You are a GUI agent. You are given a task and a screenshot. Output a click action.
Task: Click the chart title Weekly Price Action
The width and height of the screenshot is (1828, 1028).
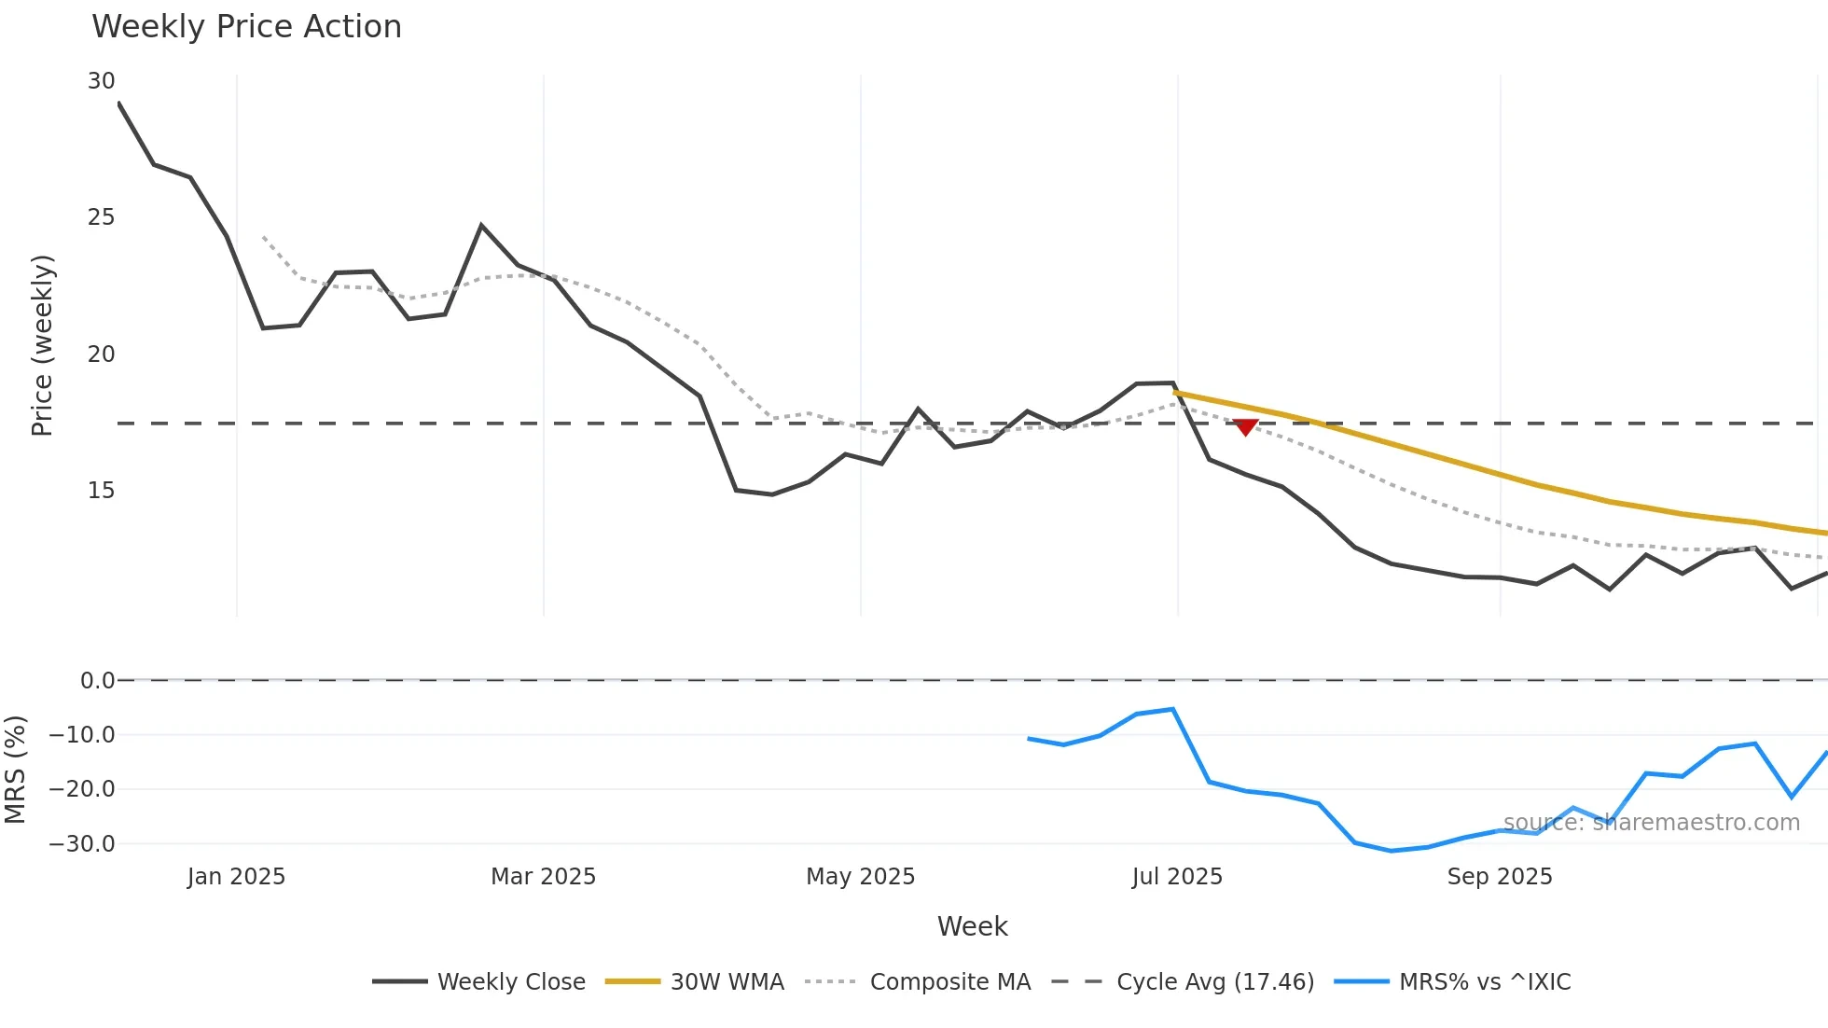246,27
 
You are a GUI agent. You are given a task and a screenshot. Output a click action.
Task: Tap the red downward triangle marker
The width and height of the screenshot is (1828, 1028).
1245,427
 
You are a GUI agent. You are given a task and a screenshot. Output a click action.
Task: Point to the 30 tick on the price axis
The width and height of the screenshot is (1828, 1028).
102,81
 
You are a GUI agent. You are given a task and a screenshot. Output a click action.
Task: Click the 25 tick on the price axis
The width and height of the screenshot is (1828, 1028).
102,217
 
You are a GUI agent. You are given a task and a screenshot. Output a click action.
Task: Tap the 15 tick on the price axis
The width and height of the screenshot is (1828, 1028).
102,491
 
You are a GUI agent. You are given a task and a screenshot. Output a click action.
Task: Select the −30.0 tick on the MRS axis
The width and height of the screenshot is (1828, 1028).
82,844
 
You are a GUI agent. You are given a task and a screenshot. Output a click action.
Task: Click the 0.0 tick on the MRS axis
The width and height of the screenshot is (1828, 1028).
97,681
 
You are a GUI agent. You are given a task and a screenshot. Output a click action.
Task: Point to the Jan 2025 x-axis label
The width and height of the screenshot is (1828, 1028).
236,877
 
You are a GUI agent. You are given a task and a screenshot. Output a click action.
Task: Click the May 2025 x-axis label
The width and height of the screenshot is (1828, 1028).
860,877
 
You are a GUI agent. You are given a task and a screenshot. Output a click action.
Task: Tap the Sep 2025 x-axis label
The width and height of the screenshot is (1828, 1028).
1500,877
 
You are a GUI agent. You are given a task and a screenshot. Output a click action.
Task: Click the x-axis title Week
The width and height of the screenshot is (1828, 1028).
972,926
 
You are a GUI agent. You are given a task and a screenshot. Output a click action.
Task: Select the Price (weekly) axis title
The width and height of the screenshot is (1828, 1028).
43,345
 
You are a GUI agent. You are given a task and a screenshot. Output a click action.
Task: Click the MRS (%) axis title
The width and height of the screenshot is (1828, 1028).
15,770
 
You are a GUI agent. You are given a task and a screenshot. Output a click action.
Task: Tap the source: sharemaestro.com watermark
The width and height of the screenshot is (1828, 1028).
1651,823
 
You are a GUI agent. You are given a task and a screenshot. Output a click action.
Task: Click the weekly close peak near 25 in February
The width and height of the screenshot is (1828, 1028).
481,225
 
